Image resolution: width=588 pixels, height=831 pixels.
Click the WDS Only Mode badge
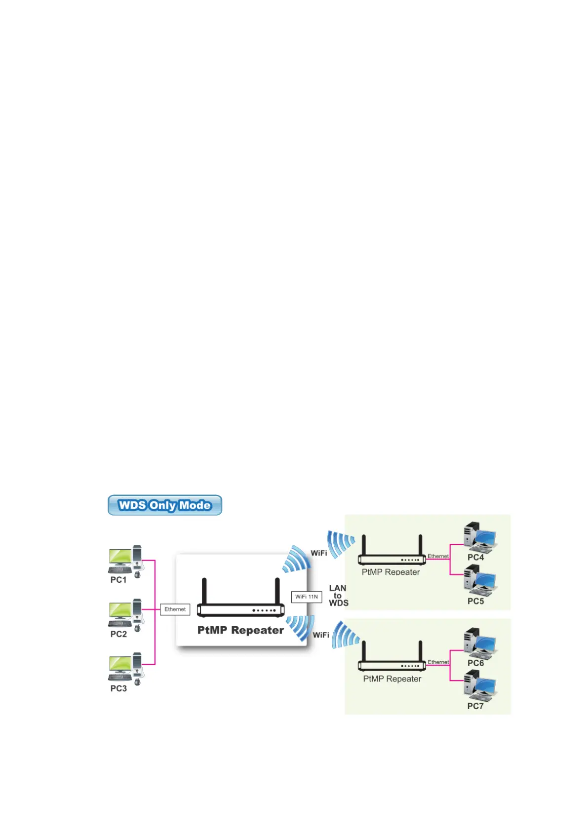pos(164,505)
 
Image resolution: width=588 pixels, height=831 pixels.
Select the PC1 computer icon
pos(125,561)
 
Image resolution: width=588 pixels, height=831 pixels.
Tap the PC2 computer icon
pos(125,615)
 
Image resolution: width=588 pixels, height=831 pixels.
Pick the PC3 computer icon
pos(125,669)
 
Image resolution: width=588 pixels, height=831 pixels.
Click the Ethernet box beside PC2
pos(175,609)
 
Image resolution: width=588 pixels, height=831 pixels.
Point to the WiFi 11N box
pos(306,597)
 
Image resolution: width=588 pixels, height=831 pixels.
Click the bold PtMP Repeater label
pos(240,630)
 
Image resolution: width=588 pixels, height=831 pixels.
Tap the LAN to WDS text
pos(338,595)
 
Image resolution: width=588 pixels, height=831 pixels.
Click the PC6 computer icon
pos(479,643)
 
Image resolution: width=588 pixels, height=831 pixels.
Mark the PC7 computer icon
pos(479,686)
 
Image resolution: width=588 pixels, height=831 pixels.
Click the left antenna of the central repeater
pos(204,591)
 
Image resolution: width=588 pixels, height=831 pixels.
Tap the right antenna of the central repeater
pos(277,591)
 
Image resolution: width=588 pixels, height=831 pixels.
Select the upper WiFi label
pos(319,553)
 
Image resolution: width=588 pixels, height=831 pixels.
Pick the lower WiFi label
pos(321,635)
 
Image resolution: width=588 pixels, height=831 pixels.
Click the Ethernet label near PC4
pos(438,556)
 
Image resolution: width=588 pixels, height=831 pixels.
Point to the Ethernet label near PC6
pos(438,662)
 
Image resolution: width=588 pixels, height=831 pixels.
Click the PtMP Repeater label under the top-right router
pos(391,572)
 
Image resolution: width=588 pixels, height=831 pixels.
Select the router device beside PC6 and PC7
pos(392,659)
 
